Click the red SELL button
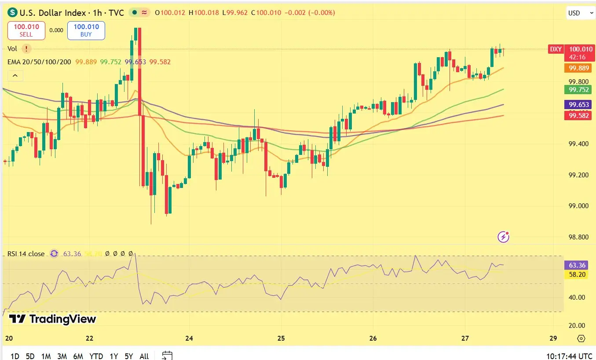click(26, 30)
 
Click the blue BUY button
click(86, 30)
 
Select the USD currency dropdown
click(580, 13)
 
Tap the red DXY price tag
click(556, 49)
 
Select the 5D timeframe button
click(30, 356)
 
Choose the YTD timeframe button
click(96, 356)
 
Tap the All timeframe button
click(144, 356)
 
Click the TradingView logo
click(52, 319)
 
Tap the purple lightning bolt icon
click(503, 237)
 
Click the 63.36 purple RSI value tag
click(577, 265)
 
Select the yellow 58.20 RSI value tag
click(577, 274)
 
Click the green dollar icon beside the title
click(12, 13)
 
